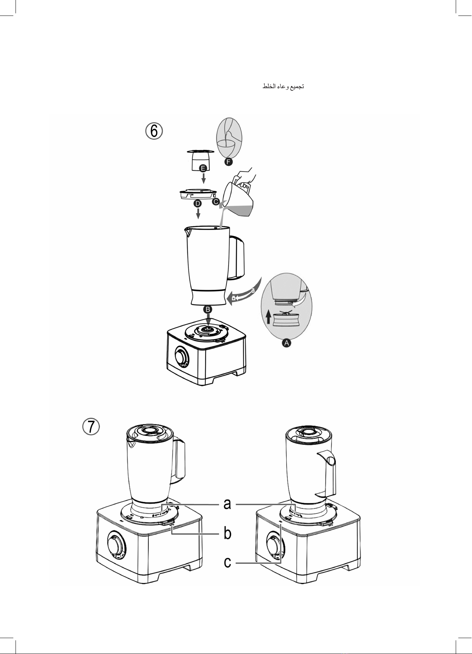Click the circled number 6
[154, 131]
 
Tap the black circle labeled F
[229, 162]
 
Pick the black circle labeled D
[198, 203]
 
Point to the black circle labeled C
[216, 202]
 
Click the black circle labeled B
[208, 309]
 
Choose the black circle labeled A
[287, 343]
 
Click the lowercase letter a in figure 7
[227, 504]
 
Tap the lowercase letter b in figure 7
[228, 533]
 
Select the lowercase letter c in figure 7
[227, 562]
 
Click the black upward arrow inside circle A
[269, 316]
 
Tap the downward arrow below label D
[198, 213]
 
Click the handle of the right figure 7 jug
[328, 473]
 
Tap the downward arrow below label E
[203, 178]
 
